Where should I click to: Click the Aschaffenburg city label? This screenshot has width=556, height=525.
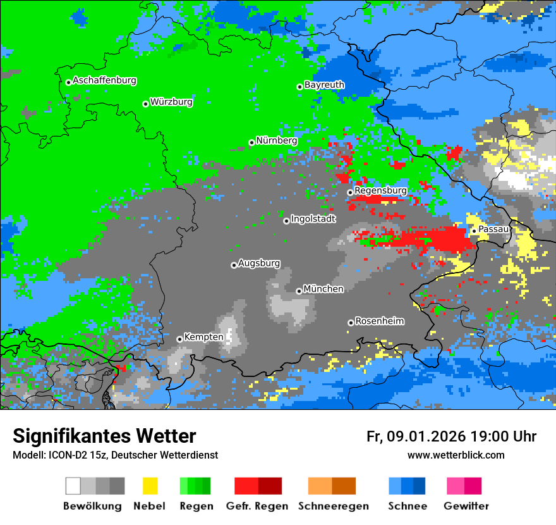(104, 80)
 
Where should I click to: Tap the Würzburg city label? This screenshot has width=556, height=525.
(171, 102)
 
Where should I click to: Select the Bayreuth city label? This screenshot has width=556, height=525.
(324, 85)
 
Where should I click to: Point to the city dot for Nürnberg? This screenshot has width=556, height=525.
(251, 143)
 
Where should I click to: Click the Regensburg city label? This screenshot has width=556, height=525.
(380, 190)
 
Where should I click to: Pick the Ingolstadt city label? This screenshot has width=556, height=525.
(313, 219)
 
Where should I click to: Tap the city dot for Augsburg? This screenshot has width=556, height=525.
(234, 265)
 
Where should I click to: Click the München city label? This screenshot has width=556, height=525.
(323, 289)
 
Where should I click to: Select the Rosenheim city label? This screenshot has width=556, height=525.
(380, 321)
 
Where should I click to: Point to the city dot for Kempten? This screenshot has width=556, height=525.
(179, 339)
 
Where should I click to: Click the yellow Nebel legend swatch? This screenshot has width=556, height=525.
(150, 486)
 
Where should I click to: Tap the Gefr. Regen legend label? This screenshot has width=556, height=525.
(257, 507)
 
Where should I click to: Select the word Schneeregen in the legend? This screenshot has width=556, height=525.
(333, 507)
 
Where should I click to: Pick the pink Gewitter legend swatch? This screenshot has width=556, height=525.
(455, 486)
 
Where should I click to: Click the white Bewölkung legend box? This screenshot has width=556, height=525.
(73, 486)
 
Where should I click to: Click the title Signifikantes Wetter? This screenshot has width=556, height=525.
(104, 436)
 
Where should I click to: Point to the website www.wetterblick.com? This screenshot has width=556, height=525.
(456, 455)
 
